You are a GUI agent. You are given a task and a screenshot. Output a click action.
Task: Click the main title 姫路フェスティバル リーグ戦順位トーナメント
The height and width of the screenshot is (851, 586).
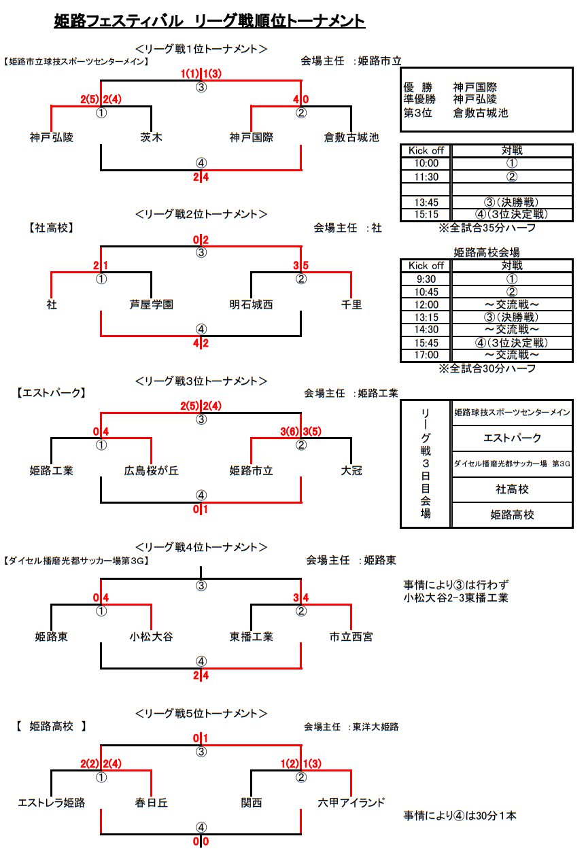coord(209,21)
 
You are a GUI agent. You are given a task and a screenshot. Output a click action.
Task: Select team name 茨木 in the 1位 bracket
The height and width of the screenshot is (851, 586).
coord(151,137)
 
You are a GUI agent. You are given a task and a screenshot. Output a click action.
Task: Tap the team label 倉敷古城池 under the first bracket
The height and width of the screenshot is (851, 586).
coord(351,137)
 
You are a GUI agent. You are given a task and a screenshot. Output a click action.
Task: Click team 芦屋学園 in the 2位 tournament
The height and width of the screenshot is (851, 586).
coord(151,305)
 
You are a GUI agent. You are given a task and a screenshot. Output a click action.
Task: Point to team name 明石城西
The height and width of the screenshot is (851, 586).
coord(252,305)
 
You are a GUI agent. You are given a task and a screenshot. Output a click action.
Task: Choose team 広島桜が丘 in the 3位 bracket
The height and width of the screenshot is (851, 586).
coord(151,470)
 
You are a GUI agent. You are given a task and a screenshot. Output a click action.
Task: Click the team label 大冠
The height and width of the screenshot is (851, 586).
coord(351,470)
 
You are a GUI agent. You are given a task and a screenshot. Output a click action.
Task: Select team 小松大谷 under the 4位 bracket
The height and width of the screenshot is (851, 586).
coord(151,636)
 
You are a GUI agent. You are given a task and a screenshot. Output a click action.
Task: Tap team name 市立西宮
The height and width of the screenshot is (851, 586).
coord(351,636)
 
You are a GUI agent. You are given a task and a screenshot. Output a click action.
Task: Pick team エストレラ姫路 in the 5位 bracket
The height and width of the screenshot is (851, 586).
coord(51,802)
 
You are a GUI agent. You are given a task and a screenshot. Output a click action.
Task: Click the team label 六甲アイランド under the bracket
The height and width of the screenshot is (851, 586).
coord(351,802)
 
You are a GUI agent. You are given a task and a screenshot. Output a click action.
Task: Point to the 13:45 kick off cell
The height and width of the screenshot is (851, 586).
coord(426,203)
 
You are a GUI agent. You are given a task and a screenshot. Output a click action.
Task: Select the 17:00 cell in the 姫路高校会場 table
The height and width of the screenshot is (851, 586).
coord(426,355)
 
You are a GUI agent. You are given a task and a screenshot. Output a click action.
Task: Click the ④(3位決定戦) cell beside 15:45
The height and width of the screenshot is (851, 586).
coord(511,343)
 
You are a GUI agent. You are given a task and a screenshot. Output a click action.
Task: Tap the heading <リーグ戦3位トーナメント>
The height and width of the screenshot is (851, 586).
coord(201,381)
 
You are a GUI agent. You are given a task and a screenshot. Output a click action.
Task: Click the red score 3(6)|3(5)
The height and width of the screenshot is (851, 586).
coord(300,432)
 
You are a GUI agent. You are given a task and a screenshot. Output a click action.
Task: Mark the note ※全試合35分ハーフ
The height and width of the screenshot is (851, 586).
coord(487,228)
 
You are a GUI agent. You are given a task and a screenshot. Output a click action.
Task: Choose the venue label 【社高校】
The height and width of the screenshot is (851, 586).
coord(51,228)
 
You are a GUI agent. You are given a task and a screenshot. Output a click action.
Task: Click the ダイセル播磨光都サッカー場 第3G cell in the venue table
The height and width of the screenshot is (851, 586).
coord(511,464)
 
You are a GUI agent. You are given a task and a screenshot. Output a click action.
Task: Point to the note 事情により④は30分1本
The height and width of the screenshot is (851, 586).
coord(460,816)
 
